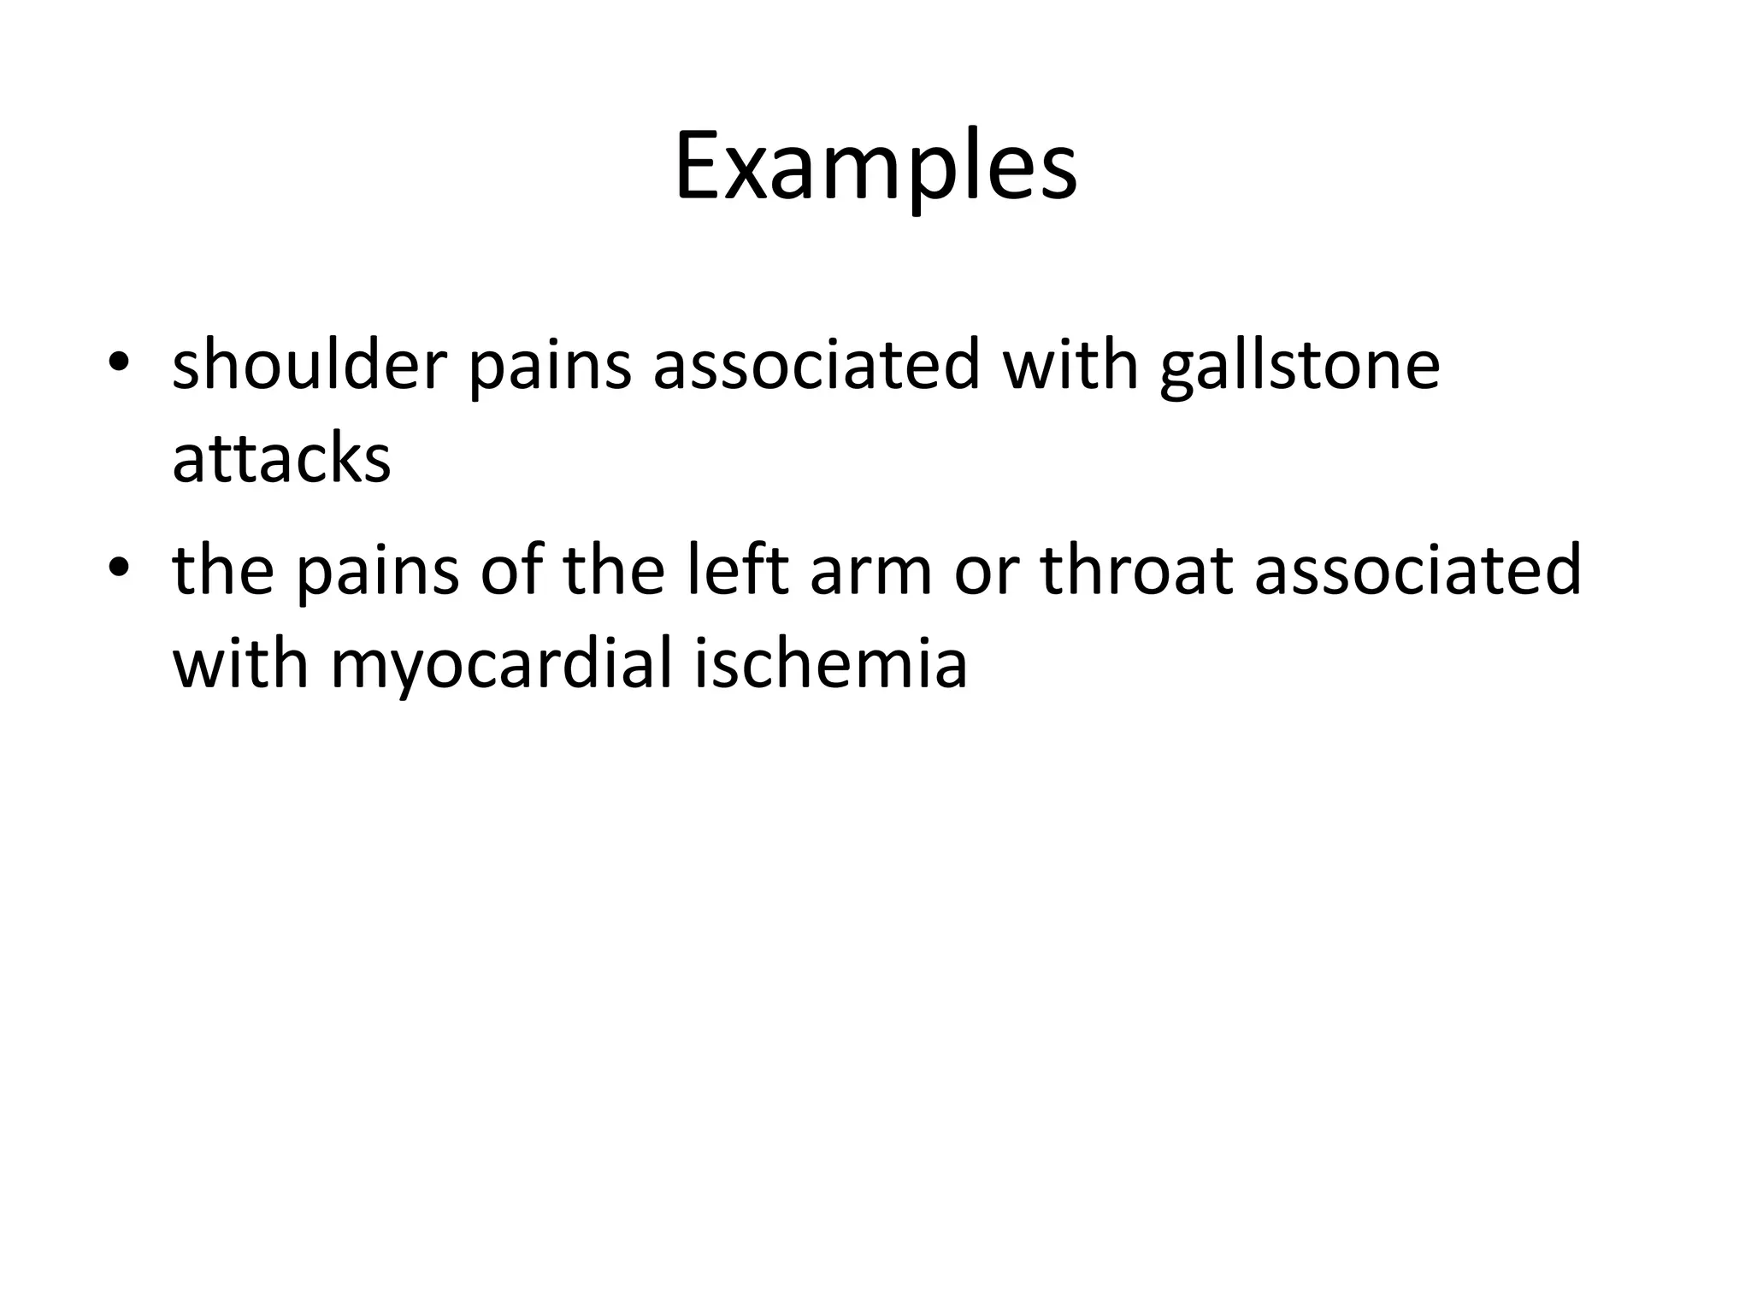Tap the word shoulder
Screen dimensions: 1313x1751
point(310,364)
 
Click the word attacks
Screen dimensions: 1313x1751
point(281,458)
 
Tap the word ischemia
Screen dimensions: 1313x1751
point(830,663)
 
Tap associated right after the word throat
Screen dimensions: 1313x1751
point(1418,570)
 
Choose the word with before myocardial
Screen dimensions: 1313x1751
point(240,663)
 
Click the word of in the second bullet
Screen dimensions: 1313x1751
point(510,570)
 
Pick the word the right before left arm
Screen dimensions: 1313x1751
point(614,570)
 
